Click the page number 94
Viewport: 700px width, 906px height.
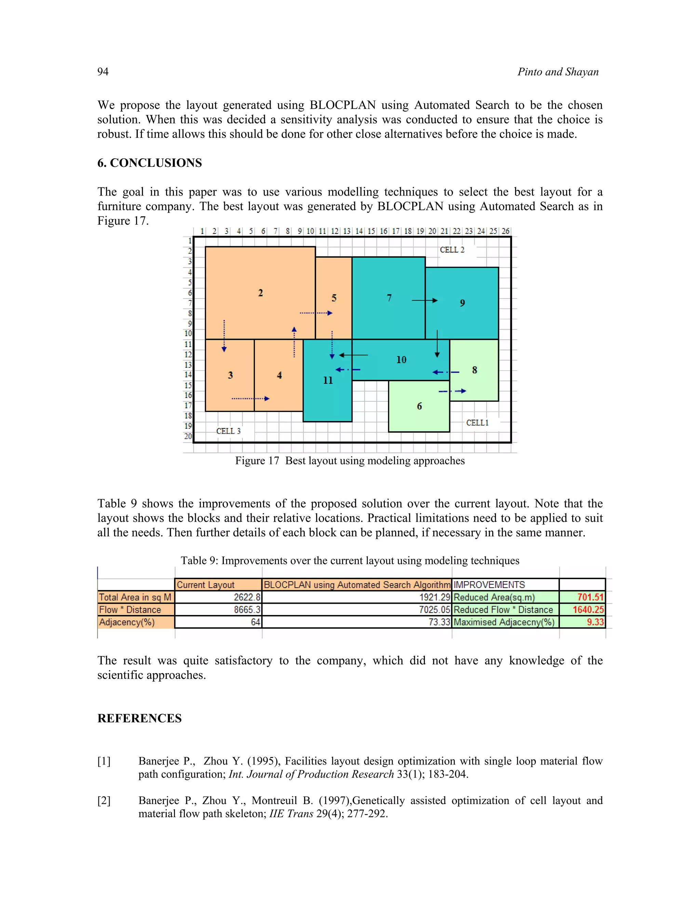click(103, 72)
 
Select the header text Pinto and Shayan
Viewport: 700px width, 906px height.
click(558, 72)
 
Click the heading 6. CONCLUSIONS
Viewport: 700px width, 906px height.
click(149, 163)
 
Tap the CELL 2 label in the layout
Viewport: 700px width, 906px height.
click(452, 250)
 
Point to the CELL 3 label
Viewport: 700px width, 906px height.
click(228, 431)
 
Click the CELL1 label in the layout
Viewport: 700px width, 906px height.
click(477, 423)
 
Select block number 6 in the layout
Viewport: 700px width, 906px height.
click(419, 406)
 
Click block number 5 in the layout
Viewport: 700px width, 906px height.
click(334, 298)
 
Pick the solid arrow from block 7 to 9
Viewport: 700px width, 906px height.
click(425, 300)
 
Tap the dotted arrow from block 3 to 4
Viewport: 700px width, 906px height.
click(251, 399)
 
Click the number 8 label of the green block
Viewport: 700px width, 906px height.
click(474, 370)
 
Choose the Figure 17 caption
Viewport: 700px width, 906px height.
click(350, 461)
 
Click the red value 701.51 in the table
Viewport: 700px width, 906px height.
click(590, 597)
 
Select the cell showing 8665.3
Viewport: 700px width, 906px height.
click(247, 609)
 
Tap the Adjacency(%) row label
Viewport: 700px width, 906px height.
click(127, 622)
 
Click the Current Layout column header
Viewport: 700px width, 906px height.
click(206, 585)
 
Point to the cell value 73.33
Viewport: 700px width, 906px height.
click(439, 622)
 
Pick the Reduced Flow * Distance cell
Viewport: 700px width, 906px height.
click(503, 609)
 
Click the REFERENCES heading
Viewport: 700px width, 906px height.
click(139, 718)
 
